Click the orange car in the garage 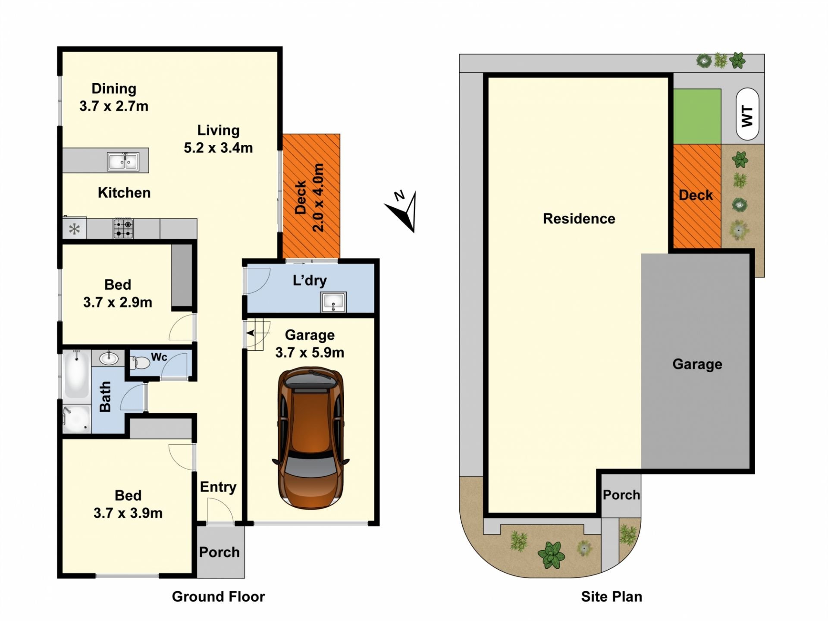click(x=310, y=438)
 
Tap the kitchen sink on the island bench click(x=123, y=162)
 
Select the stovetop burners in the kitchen click(x=123, y=229)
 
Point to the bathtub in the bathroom click(x=77, y=374)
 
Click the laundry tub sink click(x=333, y=302)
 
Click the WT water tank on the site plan click(x=747, y=114)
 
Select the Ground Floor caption click(x=218, y=596)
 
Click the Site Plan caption click(x=612, y=596)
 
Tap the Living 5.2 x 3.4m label click(x=218, y=139)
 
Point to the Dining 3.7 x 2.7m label click(x=114, y=97)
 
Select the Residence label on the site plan click(x=579, y=219)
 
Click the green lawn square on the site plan click(x=697, y=116)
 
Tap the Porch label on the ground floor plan click(x=219, y=552)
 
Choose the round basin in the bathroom click(x=108, y=358)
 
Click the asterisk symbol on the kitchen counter click(x=75, y=229)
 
